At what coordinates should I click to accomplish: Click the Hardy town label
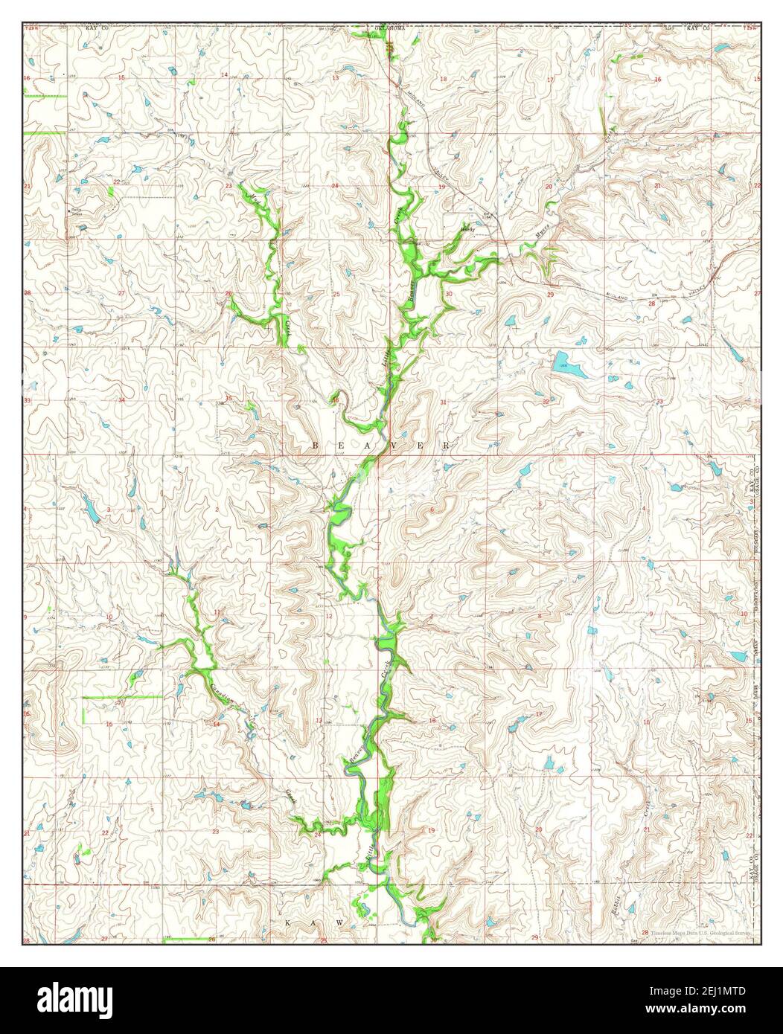(467, 230)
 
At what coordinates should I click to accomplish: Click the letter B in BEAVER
(315, 445)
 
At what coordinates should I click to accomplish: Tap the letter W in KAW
(339, 922)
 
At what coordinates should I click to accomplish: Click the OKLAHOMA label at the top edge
(391, 28)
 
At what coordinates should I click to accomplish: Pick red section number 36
(336, 400)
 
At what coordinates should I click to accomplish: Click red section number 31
(444, 402)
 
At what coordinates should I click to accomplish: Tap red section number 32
(546, 402)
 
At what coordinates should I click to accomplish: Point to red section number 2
(217, 509)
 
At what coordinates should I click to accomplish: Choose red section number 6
(432, 509)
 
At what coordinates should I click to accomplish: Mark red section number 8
(539, 617)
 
